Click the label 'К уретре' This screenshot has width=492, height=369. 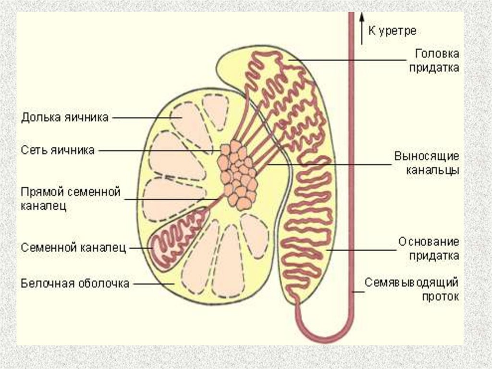(392, 31)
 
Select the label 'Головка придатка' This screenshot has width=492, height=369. (434, 60)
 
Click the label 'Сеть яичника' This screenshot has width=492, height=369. (58, 150)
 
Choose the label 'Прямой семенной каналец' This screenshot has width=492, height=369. (70, 199)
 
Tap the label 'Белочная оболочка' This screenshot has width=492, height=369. (75, 284)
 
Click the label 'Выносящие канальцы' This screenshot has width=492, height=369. (427, 164)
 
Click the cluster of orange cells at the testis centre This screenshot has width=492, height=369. (237, 174)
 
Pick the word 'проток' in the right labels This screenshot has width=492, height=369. (440, 297)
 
